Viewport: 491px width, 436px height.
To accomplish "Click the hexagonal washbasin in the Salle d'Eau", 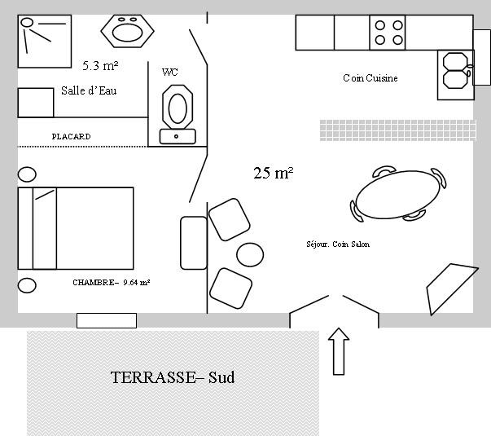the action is [x=128, y=31].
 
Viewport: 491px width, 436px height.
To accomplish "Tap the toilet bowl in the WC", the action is [x=178, y=107].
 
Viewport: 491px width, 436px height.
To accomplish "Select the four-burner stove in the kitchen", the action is [x=388, y=33].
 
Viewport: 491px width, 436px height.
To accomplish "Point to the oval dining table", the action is [x=398, y=194].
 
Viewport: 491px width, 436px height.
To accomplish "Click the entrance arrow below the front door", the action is [x=339, y=351].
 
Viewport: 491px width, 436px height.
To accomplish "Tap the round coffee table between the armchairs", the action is [x=250, y=254].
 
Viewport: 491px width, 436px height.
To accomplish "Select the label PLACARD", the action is [x=71, y=136].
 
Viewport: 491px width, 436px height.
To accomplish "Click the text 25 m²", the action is [x=273, y=173].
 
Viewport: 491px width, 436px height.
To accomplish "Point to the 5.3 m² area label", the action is [x=100, y=65].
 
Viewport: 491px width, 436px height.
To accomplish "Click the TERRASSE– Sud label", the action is [x=173, y=377].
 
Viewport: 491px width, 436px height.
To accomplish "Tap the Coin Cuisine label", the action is [x=370, y=77].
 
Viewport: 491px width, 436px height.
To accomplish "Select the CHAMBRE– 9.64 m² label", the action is [x=112, y=283].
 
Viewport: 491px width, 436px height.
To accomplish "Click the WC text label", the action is [x=170, y=73].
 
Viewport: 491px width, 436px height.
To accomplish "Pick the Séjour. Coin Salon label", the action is [x=338, y=244].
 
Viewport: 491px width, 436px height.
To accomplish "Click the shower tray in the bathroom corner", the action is [x=45, y=41].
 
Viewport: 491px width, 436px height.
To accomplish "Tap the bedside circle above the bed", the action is [x=27, y=174].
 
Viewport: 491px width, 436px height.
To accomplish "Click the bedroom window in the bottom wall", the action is [x=107, y=320].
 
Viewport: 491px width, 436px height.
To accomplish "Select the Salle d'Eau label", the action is [x=89, y=90].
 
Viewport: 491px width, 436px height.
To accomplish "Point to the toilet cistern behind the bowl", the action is [x=178, y=137].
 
